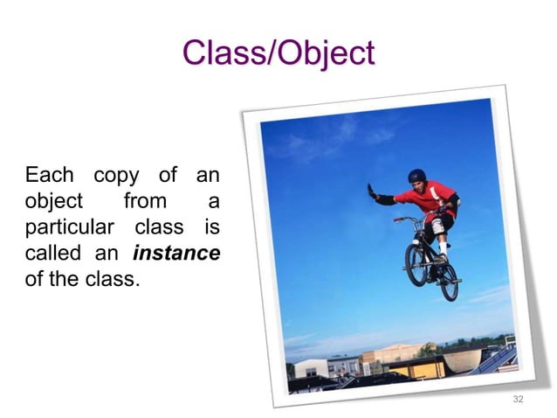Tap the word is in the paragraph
210,227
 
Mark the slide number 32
518,399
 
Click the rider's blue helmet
418,177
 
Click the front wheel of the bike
416,266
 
